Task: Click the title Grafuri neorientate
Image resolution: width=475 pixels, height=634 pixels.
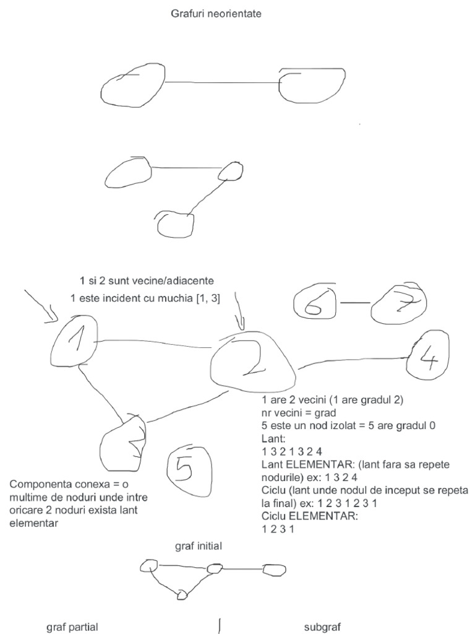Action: (x=216, y=13)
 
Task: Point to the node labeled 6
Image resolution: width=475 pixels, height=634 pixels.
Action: (x=316, y=303)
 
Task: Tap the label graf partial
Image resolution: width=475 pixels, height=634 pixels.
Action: (x=72, y=627)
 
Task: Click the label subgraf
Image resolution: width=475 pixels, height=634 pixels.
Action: (x=322, y=627)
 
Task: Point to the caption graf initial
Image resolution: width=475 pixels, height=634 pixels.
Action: (x=199, y=547)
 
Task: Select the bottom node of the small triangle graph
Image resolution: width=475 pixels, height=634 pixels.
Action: (x=182, y=595)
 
